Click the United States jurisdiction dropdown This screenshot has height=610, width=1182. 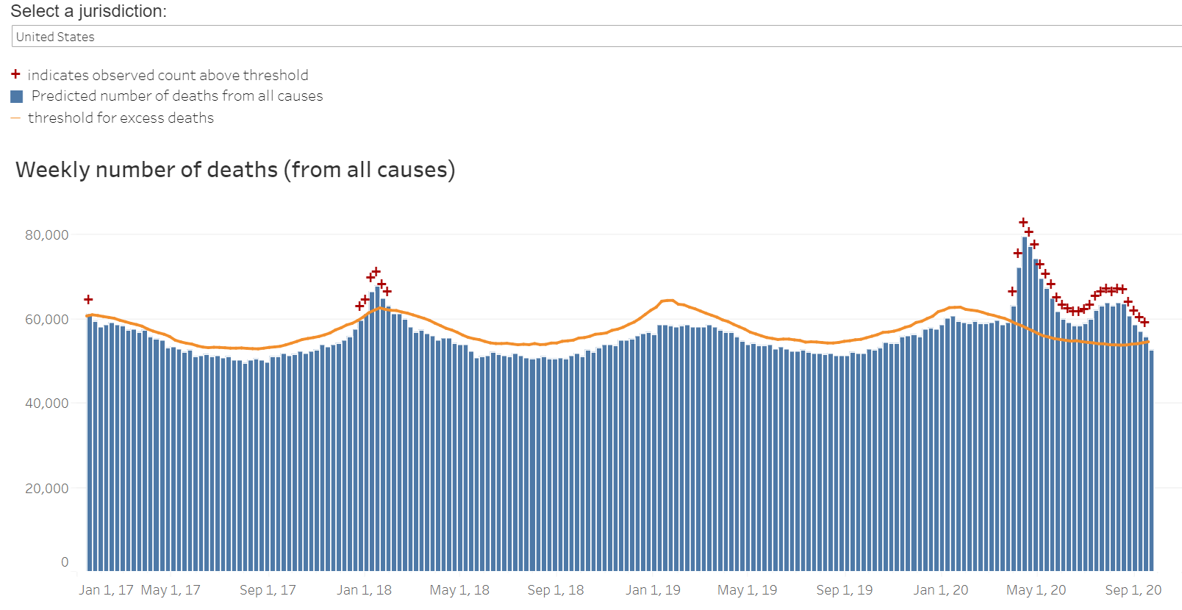(588, 37)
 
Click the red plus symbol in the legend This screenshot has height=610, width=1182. (15, 74)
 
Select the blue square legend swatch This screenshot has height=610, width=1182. (17, 96)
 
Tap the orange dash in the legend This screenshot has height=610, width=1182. (15, 118)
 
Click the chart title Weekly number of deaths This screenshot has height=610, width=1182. (235, 170)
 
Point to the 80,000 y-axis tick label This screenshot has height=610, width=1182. (47, 235)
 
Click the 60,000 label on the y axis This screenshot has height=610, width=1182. (47, 320)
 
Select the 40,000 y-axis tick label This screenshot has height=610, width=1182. (47, 403)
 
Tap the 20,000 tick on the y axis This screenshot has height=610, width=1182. (47, 489)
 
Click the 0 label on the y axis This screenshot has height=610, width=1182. (65, 562)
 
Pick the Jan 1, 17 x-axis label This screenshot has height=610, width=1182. (106, 590)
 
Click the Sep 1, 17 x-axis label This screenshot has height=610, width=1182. (268, 590)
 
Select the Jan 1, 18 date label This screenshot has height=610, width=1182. (364, 590)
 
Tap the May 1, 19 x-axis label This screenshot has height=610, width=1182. (747, 590)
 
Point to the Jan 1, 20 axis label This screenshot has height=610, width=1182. (941, 590)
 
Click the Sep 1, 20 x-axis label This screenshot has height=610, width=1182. (1133, 590)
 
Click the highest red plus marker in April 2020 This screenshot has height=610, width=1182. (1023, 223)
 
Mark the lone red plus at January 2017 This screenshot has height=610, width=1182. (88, 300)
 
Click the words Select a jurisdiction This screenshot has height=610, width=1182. (88, 11)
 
